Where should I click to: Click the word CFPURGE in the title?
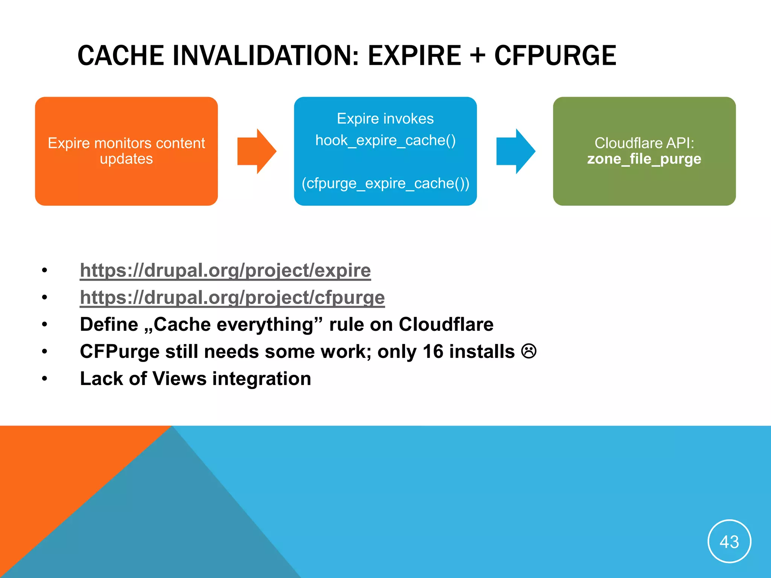[x=555, y=56]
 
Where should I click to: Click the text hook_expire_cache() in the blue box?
[x=385, y=140]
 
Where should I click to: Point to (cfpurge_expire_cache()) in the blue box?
[x=385, y=184]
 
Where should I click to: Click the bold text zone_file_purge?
[x=644, y=159]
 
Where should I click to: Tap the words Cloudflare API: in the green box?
[x=644, y=143]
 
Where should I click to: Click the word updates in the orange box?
[x=126, y=159]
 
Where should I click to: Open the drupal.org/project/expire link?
[x=225, y=270]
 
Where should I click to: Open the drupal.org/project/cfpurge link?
[x=232, y=297]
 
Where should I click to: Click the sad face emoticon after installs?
[x=529, y=351]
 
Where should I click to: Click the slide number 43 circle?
[x=729, y=541]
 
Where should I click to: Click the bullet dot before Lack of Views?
[x=45, y=379]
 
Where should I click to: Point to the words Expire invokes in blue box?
[x=385, y=119]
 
